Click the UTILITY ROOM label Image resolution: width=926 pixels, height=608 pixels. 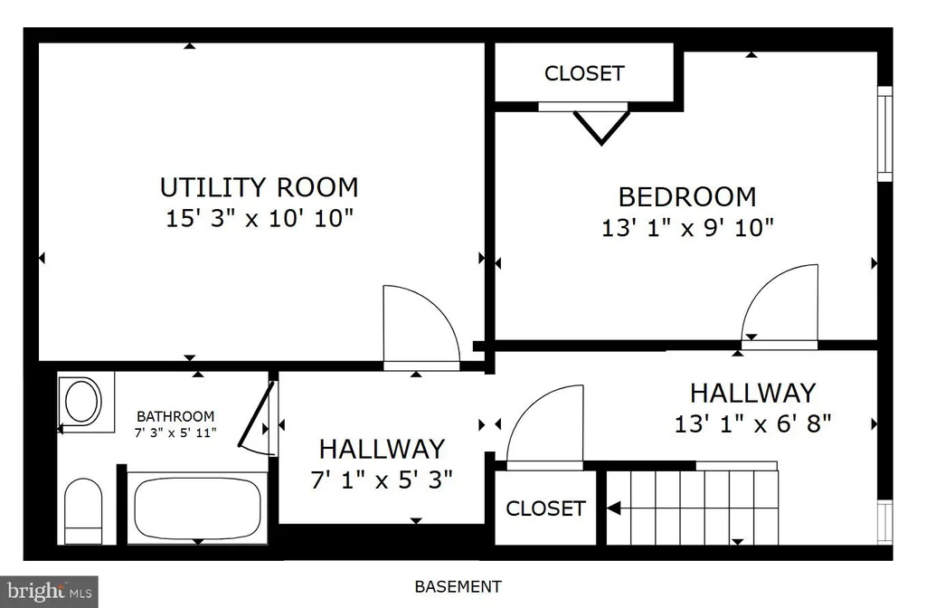point(260,187)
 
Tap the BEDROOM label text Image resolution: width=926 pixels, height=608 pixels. point(687,196)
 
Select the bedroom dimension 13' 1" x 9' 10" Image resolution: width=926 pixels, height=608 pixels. point(687,227)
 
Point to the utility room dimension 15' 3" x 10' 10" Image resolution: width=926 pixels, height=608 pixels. point(260,219)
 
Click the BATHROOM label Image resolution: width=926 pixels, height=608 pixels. point(175,416)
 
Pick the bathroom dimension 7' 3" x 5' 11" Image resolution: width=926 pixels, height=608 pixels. point(175,432)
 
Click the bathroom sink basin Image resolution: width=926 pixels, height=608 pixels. point(82,401)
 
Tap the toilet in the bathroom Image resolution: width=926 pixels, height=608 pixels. point(83,511)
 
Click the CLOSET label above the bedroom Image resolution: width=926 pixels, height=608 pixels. point(584,73)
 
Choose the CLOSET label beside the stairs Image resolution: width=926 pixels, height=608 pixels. point(545,508)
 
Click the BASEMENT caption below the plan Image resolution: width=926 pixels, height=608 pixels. point(458,586)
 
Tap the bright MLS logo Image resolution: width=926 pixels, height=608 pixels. point(49,592)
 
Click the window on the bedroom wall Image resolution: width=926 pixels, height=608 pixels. point(884,134)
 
